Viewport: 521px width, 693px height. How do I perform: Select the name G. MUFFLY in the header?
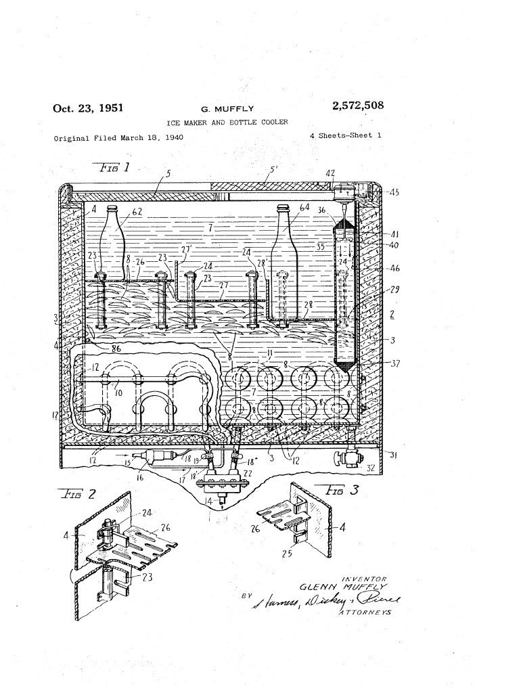(x=227, y=108)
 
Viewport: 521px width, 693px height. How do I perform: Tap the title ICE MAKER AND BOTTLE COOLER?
(x=227, y=122)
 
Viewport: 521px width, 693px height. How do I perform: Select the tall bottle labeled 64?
(x=285, y=250)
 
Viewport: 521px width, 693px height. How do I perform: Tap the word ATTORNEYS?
(x=366, y=613)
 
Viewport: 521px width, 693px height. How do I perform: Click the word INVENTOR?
(x=365, y=579)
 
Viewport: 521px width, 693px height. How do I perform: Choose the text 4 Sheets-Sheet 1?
(x=345, y=135)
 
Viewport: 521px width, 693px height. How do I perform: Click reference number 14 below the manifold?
(x=209, y=502)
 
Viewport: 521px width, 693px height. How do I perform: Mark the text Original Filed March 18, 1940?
(x=118, y=138)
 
